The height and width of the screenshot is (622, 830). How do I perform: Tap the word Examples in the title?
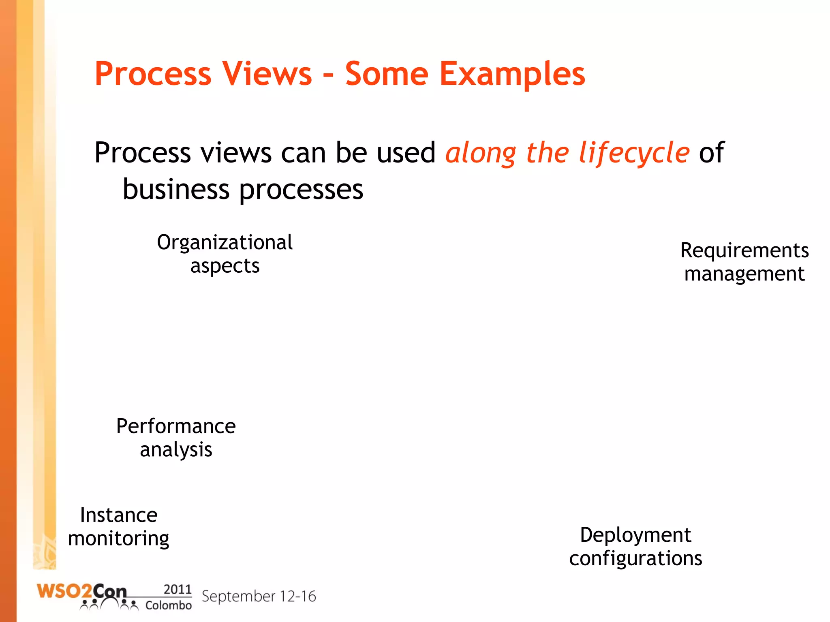[x=512, y=75]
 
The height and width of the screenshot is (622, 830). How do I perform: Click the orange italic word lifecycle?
[x=634, y=153]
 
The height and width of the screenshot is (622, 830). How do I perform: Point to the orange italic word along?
[x=481, y=153]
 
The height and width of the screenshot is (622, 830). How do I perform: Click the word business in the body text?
[x=176, y=189]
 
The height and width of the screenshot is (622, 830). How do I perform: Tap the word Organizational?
[x=225, y=243]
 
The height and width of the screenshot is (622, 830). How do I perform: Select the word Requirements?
[x=744, y=250]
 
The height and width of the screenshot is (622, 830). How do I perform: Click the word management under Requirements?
[x=744, y=274]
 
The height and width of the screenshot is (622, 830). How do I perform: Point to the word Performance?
[x=176, y=426]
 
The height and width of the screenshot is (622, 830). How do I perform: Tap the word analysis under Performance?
[x=176, y=450]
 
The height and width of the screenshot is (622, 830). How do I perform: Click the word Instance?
[x=119, y=515]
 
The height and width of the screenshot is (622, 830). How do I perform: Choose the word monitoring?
[x=119, y=539]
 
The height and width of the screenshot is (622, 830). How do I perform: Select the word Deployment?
[x=635, y=535]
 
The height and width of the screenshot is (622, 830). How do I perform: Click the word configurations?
[x=635, y=558]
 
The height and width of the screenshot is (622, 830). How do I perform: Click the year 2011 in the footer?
[x=178, y=589]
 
